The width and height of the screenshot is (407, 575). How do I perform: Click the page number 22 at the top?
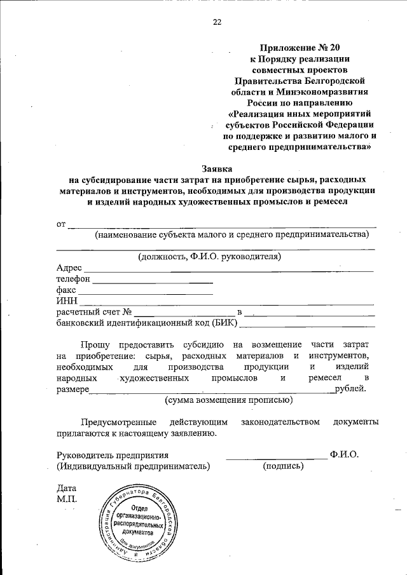coord(217,22)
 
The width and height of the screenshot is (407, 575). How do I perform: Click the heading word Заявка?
coord(217,168)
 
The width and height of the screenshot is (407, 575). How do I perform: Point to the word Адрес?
coord(69,268)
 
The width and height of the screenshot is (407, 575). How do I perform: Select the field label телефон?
coord(73,279)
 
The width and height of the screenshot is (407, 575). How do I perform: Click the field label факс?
coord(66,290)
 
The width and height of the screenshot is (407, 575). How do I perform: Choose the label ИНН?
coord(67,301)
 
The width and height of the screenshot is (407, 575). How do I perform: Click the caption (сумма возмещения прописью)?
coord(229,400)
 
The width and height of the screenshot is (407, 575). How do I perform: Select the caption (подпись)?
coord(283,466)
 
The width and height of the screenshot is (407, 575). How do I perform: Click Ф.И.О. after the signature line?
coord(345,454)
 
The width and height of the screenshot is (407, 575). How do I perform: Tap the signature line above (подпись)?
coord(276,457)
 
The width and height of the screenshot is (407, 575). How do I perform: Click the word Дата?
coord(66,489)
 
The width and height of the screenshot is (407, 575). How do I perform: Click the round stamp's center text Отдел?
coord(140,509)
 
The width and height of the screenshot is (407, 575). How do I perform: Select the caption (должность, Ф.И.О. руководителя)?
coord(210,257)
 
